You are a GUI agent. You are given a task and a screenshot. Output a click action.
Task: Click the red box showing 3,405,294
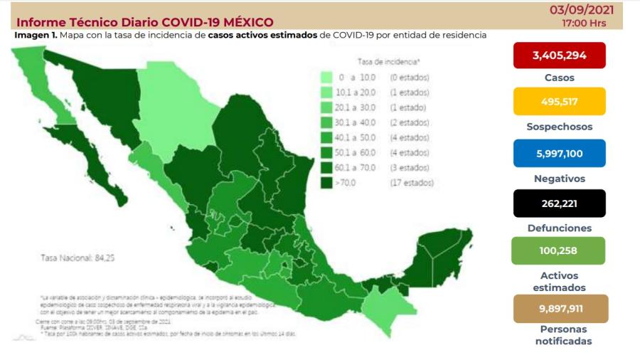[x=558, y=55]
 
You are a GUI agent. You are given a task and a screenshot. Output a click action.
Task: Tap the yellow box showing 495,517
[x=558, y=101]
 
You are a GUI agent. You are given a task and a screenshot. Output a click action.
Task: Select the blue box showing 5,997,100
[x=558, y=153]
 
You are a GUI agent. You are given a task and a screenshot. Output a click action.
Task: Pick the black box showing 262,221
[x=558, y=203]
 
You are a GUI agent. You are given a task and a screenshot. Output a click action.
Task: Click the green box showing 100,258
[x=558, y=250]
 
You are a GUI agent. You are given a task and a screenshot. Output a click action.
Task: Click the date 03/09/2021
[x=582, y=10]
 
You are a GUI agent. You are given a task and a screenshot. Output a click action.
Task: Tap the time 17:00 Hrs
[x=584, y=23]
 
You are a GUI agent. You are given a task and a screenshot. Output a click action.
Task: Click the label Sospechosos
[x=560, y=127]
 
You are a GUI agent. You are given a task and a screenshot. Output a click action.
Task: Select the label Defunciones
[x=560, y=228]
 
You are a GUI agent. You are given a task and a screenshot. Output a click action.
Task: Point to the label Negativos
[x=560, y=179]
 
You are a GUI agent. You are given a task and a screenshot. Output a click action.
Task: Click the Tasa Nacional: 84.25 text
[x=72, y=257]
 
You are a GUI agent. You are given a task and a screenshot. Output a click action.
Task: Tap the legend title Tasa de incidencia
[x=388, y=62]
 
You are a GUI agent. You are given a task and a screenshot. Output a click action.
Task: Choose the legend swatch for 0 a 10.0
[x=327, y=77]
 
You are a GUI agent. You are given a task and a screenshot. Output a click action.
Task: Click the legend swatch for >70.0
[x=327, y=183]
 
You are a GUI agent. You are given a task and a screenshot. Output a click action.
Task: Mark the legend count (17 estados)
[x=411, y=183]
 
